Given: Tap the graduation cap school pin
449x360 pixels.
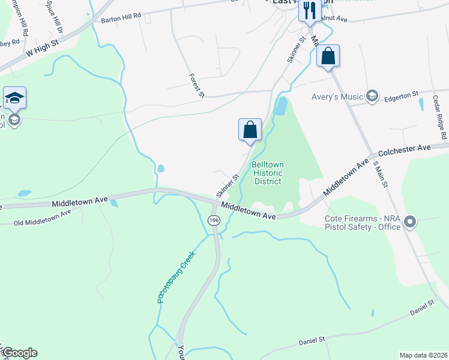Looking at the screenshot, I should point(14,98).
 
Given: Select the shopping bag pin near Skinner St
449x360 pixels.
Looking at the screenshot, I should point(250,130).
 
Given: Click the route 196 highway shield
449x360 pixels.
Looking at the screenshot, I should point(214,221).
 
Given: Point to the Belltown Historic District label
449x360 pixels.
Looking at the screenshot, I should point(268,173).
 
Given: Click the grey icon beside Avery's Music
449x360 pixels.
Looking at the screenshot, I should point(372,95).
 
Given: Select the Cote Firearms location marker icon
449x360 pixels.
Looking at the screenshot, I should point(411,222).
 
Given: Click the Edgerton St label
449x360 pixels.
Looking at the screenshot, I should point(401,95).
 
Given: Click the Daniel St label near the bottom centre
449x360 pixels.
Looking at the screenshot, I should point(312,341).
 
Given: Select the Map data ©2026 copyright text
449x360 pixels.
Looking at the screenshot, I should point(423,355).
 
